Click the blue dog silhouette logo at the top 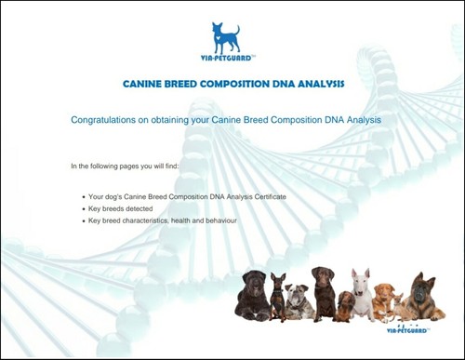[226, 36]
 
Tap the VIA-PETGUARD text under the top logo [226, 56]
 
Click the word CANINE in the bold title [144, 84]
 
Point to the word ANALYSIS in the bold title [322, 84]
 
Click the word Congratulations [103, 120]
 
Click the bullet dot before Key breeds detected [83, 210]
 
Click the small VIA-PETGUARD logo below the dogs [406, 329]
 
